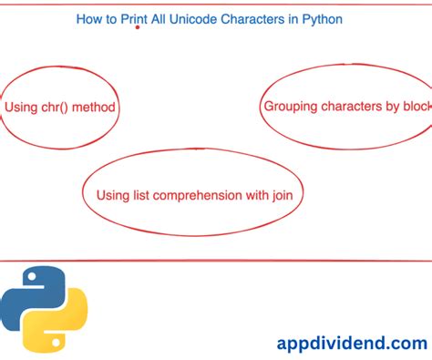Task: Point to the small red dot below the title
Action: pyautogui.click(x=138, y=28)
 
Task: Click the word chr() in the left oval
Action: pyautogui.click(x=56, y=108)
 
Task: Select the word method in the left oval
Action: pyautogui.click(x=96, y=108)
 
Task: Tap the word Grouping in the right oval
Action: pyautogui.click(x=292, y=107)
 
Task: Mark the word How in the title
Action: pyautogui.click(x=89, y=17)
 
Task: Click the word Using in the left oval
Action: pyautogui.click(x=21, y=108)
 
